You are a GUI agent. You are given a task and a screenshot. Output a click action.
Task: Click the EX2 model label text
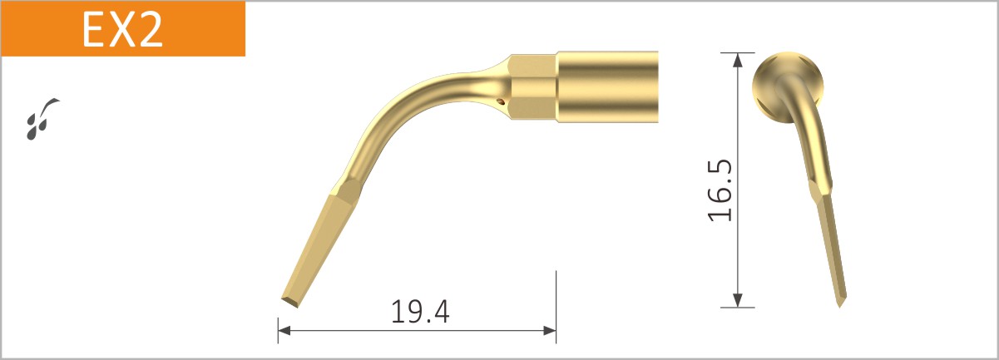point(122,29)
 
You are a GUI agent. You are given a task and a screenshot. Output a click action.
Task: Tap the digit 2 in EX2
point(150,29)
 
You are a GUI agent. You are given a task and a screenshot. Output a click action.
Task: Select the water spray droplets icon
point(39,118)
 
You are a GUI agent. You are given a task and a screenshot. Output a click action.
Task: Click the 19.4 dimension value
point(420,312)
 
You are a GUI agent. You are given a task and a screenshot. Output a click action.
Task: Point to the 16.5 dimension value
point(720,191)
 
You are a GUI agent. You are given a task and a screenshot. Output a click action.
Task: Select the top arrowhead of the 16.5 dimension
point(737,58)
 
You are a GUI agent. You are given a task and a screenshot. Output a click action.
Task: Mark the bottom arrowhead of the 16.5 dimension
point(737,301)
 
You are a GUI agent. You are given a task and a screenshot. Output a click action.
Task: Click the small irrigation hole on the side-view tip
point(501,101)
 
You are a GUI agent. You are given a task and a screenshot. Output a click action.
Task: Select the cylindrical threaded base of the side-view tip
point(607,86)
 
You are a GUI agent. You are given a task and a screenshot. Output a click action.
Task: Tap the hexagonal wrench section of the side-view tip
point(532,86)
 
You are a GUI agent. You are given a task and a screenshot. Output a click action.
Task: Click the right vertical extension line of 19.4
point(556,299)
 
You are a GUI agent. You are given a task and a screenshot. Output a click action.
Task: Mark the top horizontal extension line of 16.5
point(737,52)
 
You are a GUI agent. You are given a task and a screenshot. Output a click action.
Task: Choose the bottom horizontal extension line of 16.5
point(737,308)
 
